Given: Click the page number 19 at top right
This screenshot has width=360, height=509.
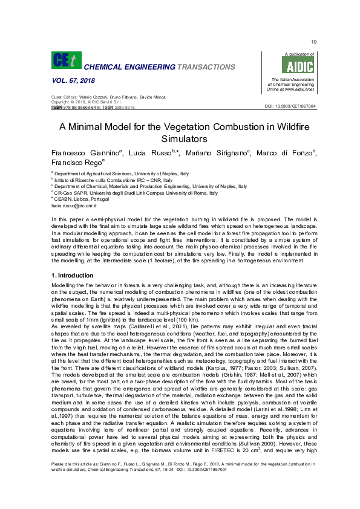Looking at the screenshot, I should [x=314, y=42].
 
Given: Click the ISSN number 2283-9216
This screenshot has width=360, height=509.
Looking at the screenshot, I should [x=124, y=107].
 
